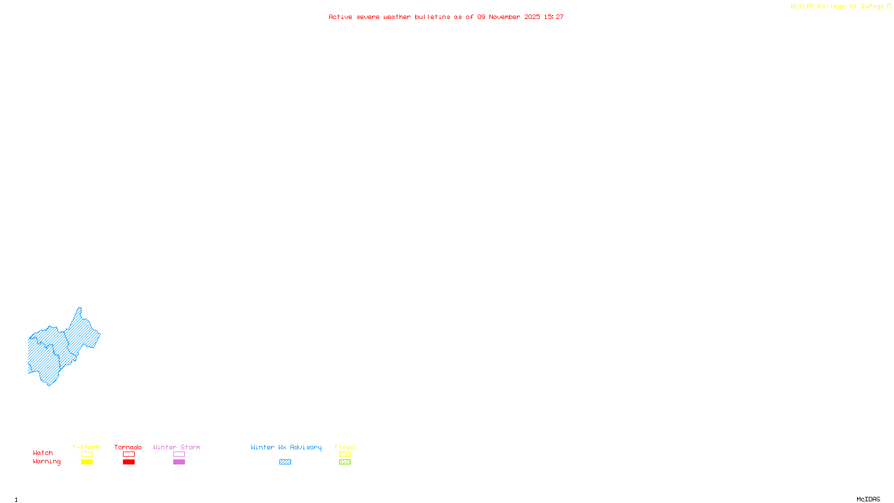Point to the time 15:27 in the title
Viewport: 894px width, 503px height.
(554, 17)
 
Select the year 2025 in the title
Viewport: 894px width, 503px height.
(532, 17)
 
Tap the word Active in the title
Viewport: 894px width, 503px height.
(340, 17)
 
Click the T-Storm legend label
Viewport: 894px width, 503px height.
(86, 447)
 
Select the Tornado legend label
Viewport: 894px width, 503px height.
(128, 447)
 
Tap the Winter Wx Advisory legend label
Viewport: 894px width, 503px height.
(286, 447)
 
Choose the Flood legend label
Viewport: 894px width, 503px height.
(345, 447)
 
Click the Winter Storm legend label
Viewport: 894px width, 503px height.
(177, 447)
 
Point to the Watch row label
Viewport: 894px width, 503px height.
(43, 453)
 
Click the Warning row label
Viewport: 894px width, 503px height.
(47, 462)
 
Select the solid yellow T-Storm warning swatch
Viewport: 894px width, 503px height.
(87, 462)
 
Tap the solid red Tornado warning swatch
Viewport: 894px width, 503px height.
(129, 462)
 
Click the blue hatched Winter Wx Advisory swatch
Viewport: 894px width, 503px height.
(285, 462)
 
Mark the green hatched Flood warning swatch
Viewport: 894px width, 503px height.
(345, 462)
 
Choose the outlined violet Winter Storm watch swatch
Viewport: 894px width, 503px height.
(179, 454)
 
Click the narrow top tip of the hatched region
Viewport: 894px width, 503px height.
(79, 309)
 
